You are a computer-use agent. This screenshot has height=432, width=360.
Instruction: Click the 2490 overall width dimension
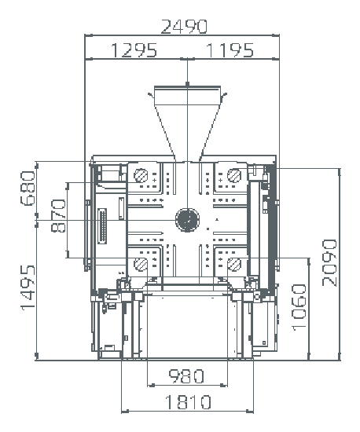tap(184, 27)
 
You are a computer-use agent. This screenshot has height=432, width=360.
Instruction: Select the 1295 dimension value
tap(134, 50)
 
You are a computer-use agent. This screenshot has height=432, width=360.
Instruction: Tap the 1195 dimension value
tap(230, 50)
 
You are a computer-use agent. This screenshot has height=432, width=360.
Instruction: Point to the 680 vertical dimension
tap(28, 189)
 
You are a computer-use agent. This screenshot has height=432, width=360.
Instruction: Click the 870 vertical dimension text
tap(58, 216)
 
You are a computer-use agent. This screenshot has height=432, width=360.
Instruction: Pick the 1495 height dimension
tap(28, 287)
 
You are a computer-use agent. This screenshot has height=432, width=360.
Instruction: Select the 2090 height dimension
tap(329, 263)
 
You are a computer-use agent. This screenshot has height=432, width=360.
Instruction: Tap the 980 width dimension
tap(186, 376)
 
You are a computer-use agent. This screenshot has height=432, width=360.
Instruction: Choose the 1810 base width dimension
tap(188, 402)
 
